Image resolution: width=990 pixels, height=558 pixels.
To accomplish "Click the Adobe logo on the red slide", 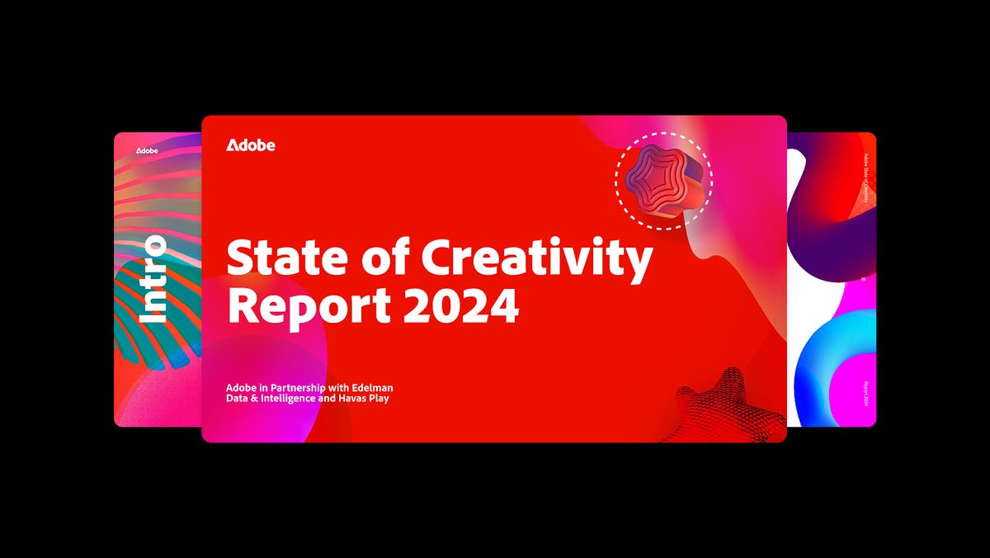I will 251,145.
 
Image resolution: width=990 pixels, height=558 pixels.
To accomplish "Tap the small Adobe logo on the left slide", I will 147,151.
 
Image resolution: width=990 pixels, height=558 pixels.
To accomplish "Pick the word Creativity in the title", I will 537,259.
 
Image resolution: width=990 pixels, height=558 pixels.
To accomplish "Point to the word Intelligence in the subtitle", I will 295,400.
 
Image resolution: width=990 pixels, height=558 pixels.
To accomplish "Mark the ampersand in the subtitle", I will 257,400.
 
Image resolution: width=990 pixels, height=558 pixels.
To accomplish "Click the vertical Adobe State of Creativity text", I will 865,178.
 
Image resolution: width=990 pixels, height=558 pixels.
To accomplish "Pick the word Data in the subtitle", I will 238,400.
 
